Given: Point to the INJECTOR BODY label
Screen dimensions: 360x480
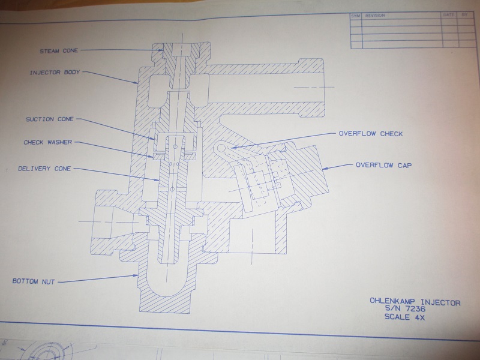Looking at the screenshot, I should point(55,73).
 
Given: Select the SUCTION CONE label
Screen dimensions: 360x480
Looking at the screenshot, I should point(50,119).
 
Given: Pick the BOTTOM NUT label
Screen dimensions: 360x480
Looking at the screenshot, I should point(34,281).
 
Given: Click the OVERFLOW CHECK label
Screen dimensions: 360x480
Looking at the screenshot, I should point(371,133).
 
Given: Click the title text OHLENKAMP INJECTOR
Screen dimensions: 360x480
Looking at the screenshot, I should point(415,302).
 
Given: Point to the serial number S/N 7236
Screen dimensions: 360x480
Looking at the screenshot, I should point(406,310).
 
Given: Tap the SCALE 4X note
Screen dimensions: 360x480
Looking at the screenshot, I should point(406,318).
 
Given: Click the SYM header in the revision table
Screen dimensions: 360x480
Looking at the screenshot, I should point(355,16).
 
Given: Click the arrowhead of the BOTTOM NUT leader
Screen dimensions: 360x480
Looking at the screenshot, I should point(137,276).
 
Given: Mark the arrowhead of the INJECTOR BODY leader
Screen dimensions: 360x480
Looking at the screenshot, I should point(139,82).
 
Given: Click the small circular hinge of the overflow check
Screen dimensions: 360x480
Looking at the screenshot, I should point(221,147).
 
